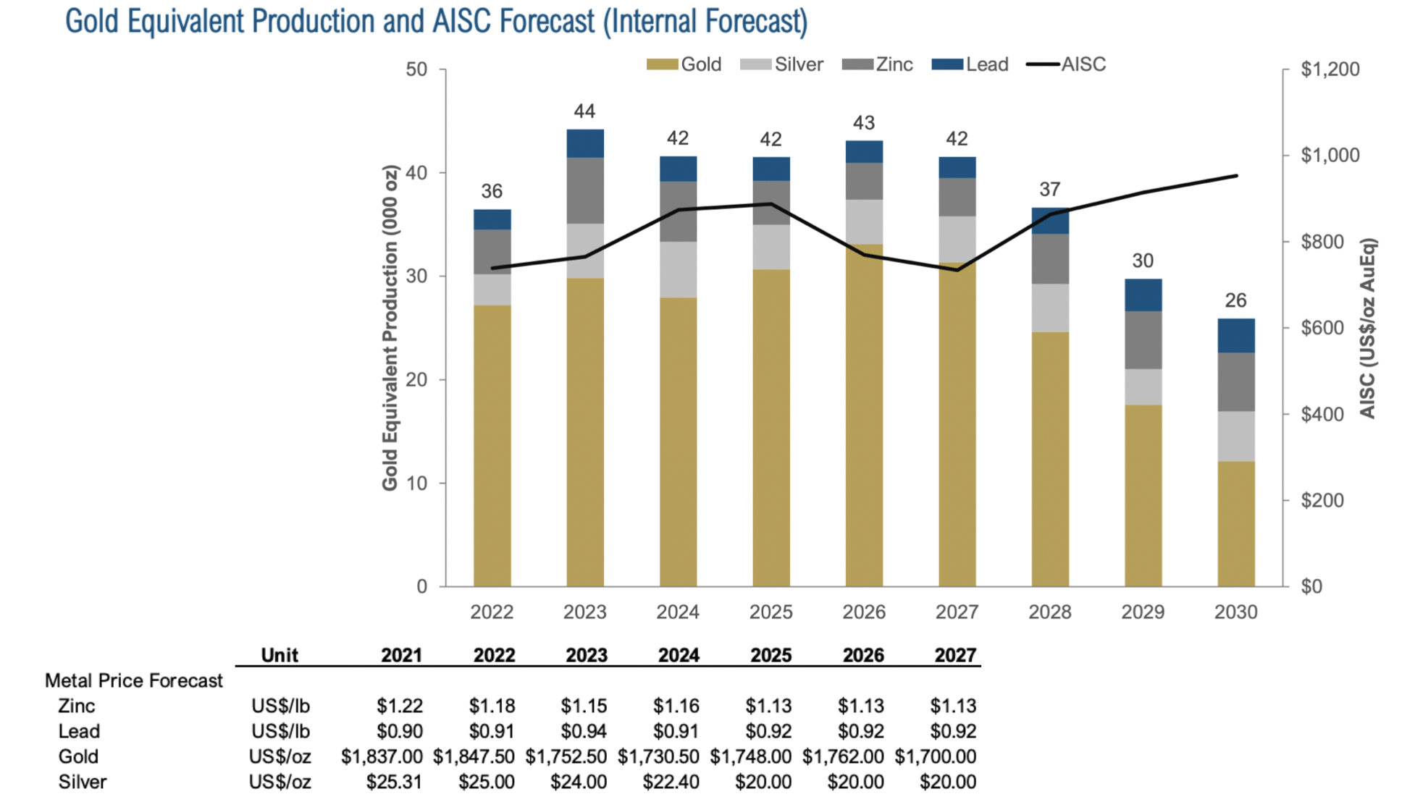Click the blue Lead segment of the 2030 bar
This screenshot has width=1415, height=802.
tap(1235, 335)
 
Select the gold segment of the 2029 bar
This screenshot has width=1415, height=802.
tap(1143, 495)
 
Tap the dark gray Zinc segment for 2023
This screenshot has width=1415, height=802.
tap(584, 190)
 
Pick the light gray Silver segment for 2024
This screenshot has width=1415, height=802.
tap(678, 269)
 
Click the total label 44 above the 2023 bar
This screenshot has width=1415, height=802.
tap(584, 111)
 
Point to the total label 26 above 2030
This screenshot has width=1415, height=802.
tap(1235, 300)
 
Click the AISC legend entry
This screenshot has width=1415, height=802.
tap(1083, 64)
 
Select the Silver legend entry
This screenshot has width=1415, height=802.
tap(798, 64)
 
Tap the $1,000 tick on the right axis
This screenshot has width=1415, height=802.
tap(1330, 155)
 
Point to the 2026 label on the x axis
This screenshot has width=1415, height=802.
tap(863, 612)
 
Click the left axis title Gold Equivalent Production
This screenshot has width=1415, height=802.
tap(390, 328)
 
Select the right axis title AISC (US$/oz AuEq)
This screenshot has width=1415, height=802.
tap(1367, 328)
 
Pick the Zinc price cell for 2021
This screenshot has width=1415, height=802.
tap(399, 706)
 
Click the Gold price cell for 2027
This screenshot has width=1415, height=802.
tap(935, 756)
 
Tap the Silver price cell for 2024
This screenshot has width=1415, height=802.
tap(671, 782)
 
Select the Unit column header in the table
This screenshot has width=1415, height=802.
tap(280, 655)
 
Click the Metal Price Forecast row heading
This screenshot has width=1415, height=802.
tap(134, 680)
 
